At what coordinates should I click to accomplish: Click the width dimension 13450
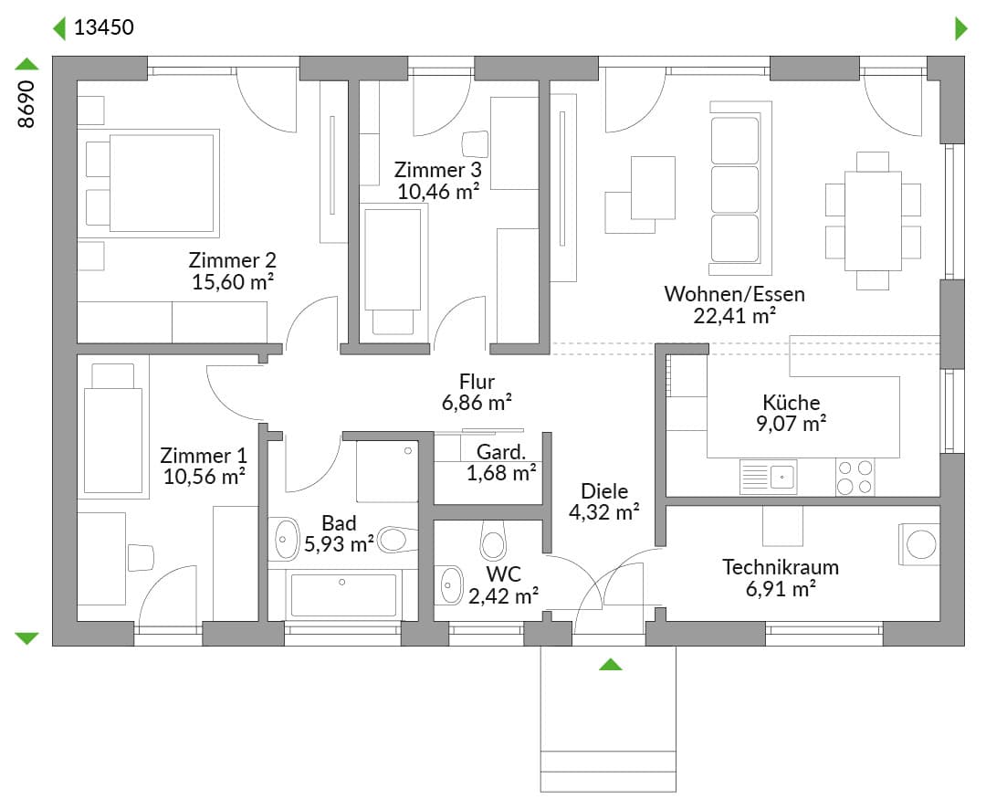point(104,27)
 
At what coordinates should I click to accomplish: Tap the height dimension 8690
point(26,104)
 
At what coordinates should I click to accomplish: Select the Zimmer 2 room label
point(232,259)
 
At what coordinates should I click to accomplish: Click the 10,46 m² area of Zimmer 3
point(438,191)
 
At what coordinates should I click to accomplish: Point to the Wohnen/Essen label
point(734,294)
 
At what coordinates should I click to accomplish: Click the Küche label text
point(791,403)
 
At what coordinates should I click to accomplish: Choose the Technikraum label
point(781,567)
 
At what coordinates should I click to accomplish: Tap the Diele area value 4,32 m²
point(604,512)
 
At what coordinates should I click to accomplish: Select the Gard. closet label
point(501,451)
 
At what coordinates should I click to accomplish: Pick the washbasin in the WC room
point(449,585)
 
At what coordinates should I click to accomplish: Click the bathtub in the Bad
point(343,594)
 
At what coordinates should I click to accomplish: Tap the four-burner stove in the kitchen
point(855,478)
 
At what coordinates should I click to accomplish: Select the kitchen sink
point(769,476)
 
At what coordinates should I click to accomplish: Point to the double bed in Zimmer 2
point(152,183)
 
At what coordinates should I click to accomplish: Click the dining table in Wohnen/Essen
point(873,221)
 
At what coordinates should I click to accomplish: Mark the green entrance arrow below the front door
point(610,664)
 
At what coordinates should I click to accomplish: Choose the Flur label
point(477,382)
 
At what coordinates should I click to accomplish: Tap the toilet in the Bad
point(397,540)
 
